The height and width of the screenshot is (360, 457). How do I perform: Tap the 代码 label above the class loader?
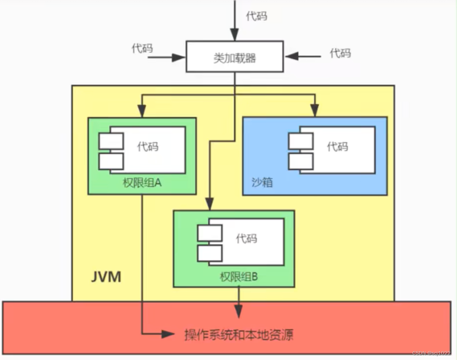point(256,16)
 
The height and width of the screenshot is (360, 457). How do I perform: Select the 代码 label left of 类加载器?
point(142,48)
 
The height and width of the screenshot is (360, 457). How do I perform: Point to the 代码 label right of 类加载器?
point(340,53)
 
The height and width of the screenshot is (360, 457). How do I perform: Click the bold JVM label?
point(106,277)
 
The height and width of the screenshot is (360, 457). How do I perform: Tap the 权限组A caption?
point(142,184)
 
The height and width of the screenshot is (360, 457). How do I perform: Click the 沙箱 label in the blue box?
point(262,182)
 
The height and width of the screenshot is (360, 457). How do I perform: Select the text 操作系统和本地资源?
point(239,335)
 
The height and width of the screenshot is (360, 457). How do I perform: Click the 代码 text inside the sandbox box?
point(337,147)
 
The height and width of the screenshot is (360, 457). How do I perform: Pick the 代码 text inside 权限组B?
point(246,238)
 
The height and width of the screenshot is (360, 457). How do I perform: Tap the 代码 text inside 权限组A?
point(147,147)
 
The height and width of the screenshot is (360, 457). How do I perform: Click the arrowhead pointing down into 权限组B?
point(209,205)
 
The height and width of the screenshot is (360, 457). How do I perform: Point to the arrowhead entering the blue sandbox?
point(315,112)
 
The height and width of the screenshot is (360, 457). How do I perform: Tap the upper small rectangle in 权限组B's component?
point(210,233)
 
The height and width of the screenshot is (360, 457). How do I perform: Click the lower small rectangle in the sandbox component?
point(301,161)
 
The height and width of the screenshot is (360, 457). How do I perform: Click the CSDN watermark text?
point(431,353)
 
